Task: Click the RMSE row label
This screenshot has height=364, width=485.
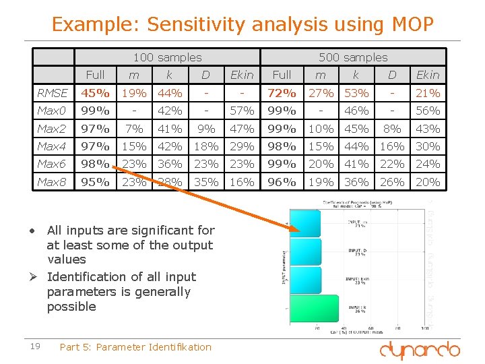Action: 53,93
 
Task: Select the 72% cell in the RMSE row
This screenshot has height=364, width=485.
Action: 282,93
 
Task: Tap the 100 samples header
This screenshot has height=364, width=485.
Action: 167,58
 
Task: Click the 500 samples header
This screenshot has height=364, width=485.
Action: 353,58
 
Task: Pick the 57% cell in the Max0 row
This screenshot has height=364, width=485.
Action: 242,111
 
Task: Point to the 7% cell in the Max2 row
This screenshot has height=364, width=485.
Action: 134,129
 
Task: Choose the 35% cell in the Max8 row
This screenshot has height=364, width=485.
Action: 206,182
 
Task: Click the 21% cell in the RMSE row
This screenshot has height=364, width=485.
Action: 428,93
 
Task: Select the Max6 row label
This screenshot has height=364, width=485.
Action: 52,164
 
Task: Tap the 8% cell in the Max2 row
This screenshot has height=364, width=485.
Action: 391,129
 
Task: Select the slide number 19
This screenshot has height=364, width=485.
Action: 36,346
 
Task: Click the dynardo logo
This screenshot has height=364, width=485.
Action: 419,350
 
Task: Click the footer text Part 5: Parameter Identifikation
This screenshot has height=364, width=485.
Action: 135,347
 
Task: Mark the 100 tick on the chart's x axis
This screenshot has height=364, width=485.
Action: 422,329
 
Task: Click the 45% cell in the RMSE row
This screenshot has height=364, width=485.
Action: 96,93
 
